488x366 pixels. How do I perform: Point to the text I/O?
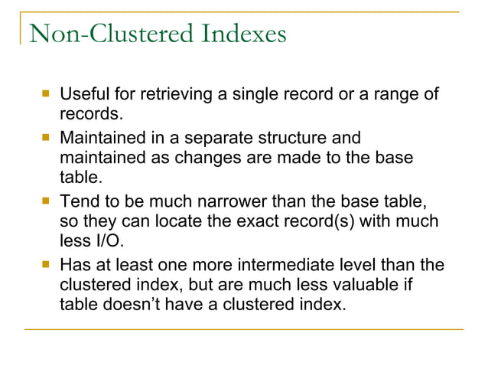point(107,242)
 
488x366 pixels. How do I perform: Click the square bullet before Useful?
point(46,94)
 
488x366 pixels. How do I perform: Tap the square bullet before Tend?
point(46,201)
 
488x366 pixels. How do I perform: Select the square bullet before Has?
point(46,265)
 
